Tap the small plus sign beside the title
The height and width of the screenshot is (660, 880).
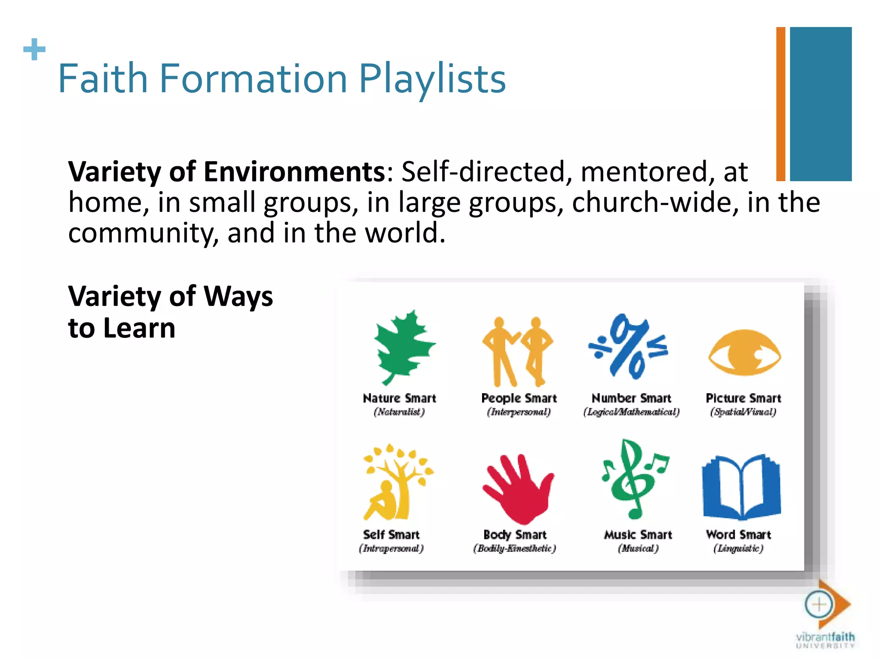coord(34,49)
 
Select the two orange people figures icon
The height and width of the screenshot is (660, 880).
coord(518,351)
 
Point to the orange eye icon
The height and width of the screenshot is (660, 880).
coord(744,352)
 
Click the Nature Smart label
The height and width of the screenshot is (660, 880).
coord(399,398)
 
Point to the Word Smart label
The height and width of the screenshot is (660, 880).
coord(738,535)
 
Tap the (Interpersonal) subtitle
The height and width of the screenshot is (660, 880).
coord(519,412)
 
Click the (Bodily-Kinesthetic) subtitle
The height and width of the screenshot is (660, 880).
coord(514,548)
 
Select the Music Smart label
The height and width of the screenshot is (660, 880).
coord(638,535)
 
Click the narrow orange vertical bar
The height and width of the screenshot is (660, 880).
coord(780,104)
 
